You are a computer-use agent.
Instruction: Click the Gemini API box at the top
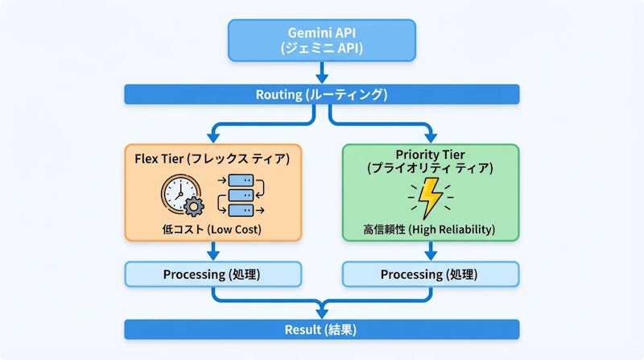point(322,40)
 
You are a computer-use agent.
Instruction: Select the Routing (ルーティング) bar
point(322,95)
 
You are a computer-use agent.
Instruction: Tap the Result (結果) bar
point(322,329)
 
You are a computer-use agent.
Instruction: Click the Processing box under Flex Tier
point(213,274)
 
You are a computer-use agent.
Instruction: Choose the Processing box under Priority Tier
point(430,274)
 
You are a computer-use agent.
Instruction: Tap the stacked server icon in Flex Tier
point(241,196)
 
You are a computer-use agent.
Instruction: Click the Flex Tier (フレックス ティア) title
point(213,158)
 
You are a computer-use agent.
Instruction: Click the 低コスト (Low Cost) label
point(213,230)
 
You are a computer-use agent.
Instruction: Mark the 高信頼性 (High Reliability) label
point(430,230)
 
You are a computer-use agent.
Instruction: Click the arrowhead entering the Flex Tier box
point(213,138)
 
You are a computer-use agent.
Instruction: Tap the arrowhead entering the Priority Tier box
point(430,138)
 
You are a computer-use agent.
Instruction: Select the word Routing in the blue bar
point(278,95)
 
